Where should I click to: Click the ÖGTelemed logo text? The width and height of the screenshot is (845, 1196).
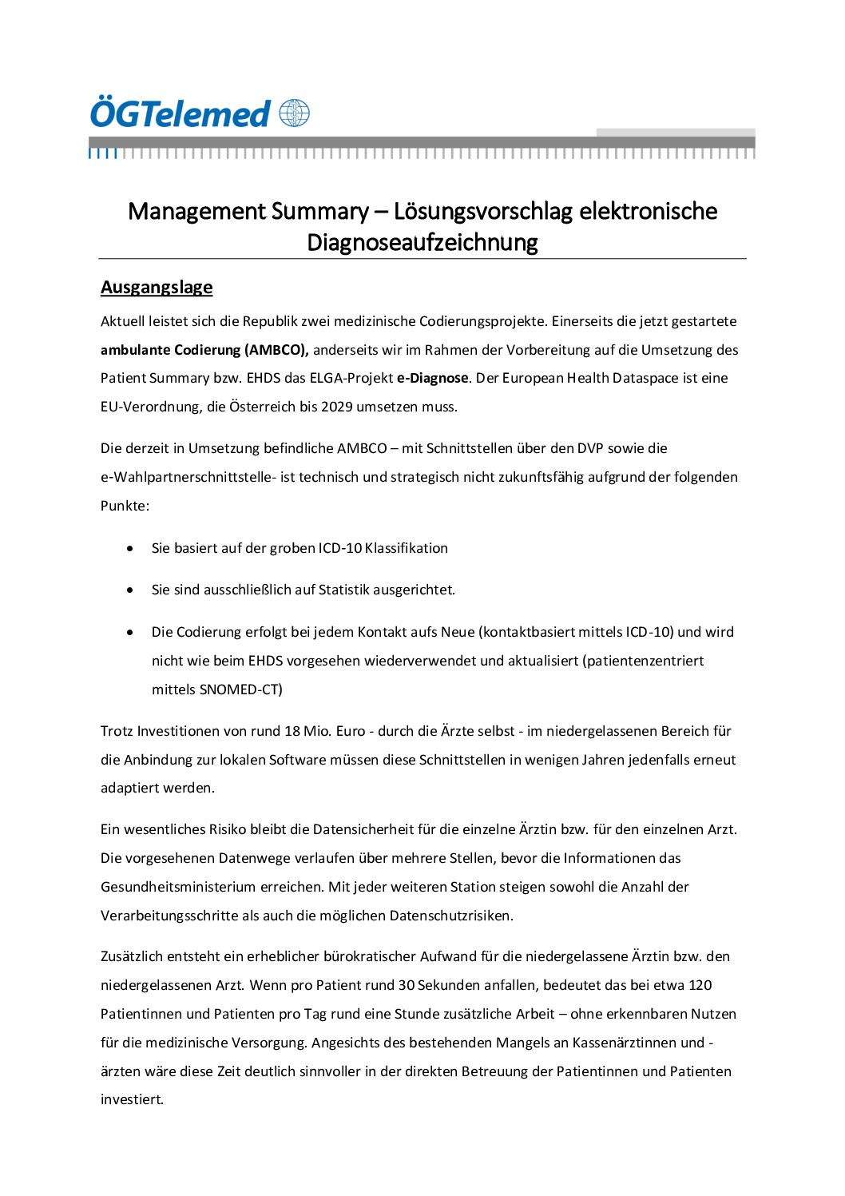[x=181, y=113]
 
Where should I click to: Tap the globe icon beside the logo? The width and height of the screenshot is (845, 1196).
[x=294, y=113]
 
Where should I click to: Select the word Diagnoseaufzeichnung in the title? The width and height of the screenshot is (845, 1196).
[x=422, y=242]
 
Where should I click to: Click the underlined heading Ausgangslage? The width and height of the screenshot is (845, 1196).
[x=157, y=288]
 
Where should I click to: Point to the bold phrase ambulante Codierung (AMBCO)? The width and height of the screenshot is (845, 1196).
[x=204, y=350]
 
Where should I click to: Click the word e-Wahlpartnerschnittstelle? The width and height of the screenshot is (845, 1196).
[x=188, y=477]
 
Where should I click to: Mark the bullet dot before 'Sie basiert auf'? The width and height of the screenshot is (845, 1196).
[x=130, y=548]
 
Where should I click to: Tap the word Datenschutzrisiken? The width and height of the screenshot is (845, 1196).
[x=450, y=916]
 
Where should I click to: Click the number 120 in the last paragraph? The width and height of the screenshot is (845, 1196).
[x=700, y=985]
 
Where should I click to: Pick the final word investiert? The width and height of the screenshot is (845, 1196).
[x=132, y=1100]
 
